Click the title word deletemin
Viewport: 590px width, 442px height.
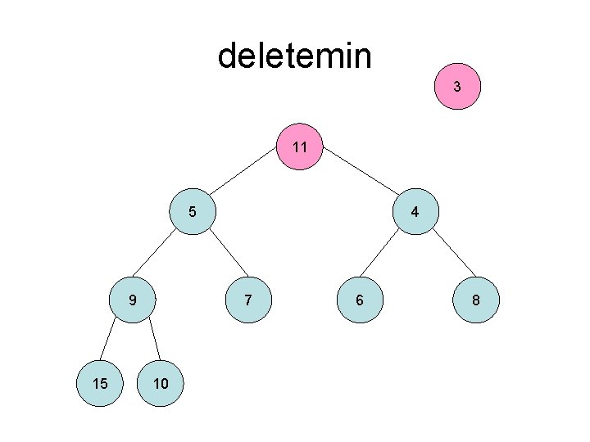tap(294, 56)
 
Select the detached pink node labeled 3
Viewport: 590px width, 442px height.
tap(457, 86)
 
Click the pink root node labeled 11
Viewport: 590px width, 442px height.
tap(300, 147)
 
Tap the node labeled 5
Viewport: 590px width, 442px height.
tap(192, 212)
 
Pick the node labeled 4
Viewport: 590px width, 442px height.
tap(415, 212)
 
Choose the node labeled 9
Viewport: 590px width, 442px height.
tap(133, 300)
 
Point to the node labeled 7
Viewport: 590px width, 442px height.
tap(248, 300)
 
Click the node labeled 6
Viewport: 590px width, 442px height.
tap(359, 300)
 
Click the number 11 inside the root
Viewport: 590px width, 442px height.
tap(300, 148)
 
